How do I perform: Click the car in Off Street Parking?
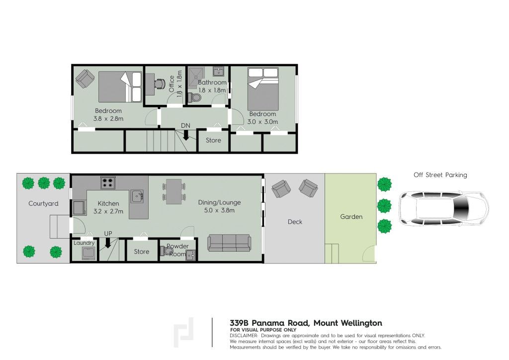[x=443, y=208]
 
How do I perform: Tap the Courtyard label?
[x=44, y=203]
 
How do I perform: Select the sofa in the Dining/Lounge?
[x=229, y=243]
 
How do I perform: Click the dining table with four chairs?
[x=174, y=191]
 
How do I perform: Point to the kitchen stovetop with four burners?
[x=108, y=183]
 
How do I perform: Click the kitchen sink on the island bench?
[x=137, y=196]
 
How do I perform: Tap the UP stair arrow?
[x=108, y=243]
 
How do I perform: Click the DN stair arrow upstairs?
[x=186, y=135]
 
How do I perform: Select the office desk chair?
[x=160, y=84]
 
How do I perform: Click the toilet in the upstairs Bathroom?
[x=195, y=97]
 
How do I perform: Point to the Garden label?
[x=351, y=216]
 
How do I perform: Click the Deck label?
[x=295, y=222]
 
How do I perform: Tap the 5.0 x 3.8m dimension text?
[x=219, y=210]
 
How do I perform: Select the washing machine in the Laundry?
[x=88, y=253]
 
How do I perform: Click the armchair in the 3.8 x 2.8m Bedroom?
[x=85, y=79]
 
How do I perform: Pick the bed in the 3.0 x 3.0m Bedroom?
[x=263, y=89]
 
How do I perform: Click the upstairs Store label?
[x=213, y=140]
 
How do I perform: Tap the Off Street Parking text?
[x=440, y=175]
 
